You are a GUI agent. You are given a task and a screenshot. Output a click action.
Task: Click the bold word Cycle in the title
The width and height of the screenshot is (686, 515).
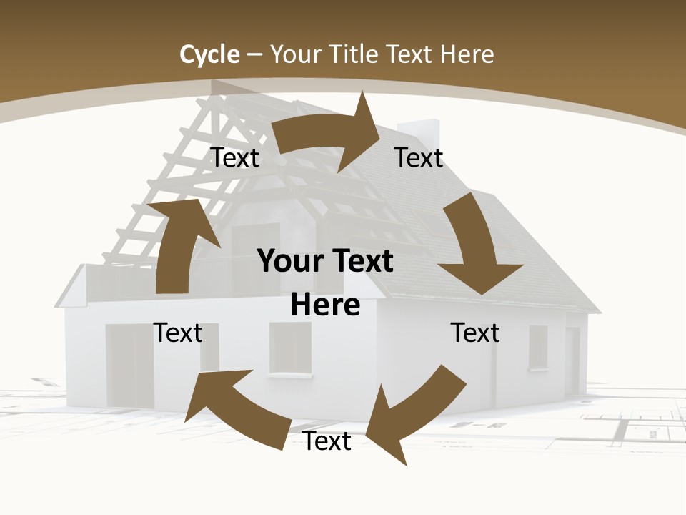pyautogui.click(x=209, y=54)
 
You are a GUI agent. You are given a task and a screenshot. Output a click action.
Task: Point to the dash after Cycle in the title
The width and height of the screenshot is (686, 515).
pyautogui.click(x=254, y=54)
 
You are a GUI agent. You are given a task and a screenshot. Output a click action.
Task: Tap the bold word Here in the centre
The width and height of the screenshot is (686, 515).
pyautogui.click(x=325, y=305)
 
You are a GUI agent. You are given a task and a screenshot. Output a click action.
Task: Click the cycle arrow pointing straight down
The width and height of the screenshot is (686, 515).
pyautogui.click(x=474, y=243)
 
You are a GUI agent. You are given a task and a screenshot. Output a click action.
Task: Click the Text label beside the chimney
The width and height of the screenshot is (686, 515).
pyautogui.click(x=419, y=157)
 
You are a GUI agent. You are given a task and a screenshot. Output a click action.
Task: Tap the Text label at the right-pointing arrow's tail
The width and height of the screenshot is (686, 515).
pyautogui.click(x=235, y=157)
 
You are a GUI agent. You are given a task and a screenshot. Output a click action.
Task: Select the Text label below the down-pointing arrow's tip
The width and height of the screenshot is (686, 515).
pyautogui.click(x=475, y=333)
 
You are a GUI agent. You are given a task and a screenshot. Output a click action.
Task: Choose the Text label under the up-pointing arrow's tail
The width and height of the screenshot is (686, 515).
pyautogui.click(x=178, y=333)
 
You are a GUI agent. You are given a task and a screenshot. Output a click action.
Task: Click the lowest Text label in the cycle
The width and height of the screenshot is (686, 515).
pyautogui.click(x=327, y=441)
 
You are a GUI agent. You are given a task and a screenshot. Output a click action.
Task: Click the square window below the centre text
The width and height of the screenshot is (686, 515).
pyautogui.click(x=290, y=348)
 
